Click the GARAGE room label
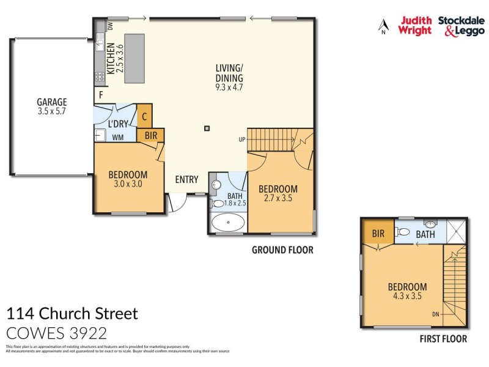(x=51, y=102)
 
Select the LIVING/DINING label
(x=229, y=73)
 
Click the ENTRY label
(x=186, y=179)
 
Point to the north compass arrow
(x=383, y=26)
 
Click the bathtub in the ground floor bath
(x=229, y=223)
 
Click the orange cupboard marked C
(x=144, y=116)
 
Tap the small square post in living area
(x=207, y=128)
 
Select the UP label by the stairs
(x=242, y=139)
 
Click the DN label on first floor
(x=435, y=315)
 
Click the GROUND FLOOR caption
(x=282, y=250)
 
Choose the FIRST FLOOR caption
(x=443, y=338)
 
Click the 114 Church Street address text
(x=72, y=314)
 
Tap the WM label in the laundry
(x=119, y=137)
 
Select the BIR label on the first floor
(x=378, y=233)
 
